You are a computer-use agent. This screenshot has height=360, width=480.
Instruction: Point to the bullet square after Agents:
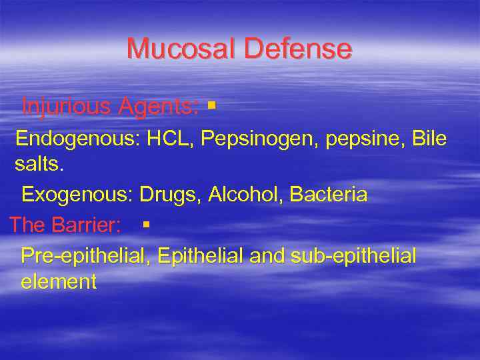pos(211,105)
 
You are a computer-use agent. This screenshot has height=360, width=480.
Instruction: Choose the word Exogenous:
pos(77,194)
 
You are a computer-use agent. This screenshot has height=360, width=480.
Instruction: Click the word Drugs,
pos(171,195)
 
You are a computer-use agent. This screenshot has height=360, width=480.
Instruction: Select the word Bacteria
pos(330,194)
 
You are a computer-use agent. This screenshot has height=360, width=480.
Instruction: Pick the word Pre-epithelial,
pos(87,255)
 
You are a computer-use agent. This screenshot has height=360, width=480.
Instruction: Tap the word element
pos(59,281)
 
